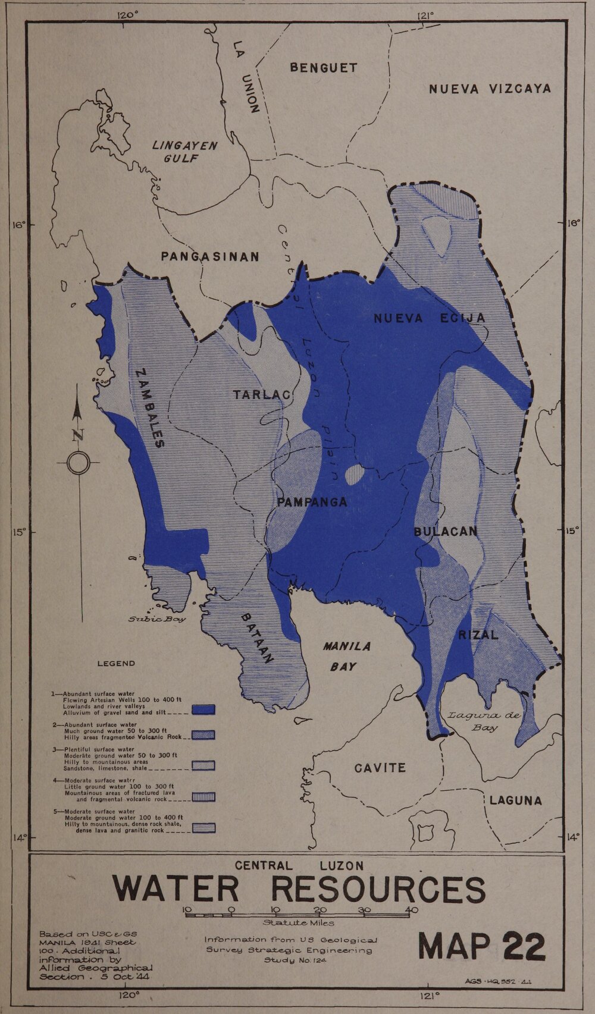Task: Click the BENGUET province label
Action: pyautogui.click(x=324, y=68)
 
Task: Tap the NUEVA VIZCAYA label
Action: pyautogui.click(x=490, y=89)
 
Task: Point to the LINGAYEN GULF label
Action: pyautogui.click(x=184, y=152)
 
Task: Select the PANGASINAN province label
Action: pyautogui.click(x=210, y=257)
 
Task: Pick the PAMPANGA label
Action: pyautogui.click(x=312, y=503)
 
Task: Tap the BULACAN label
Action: pyautogui.click(x=446, y=532)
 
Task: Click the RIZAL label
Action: pyautogui.click(x=478, y=635)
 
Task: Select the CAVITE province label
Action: pyautogui.click(x=380, y=768)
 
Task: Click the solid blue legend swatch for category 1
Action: pyautogui.click(x=203, y=710)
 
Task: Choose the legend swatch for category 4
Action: pyautogui.click(x=203, y=796)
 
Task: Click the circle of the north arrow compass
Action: pyautogui.click(x=78, y=463)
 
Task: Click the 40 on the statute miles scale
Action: pyautogui.click(x=411, y=909)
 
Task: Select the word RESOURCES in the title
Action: pyautogui.click(x=378, y=889)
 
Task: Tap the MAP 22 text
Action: pyautogui.click(x=482, y=946)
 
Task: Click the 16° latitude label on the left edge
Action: pyautogui.click(x=18, y=225)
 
